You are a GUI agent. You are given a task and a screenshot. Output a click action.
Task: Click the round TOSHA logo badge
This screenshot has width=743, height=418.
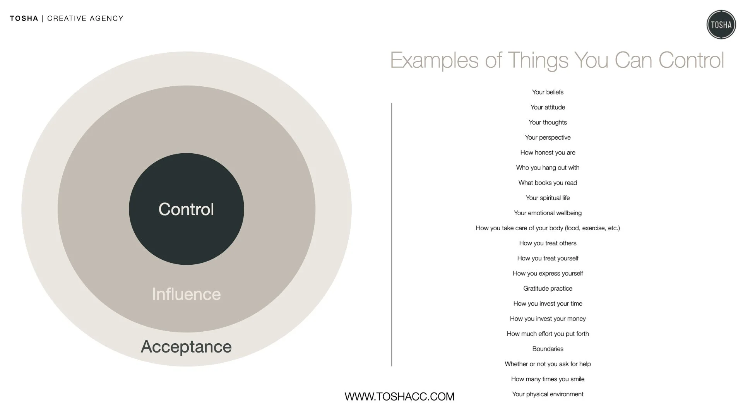721,25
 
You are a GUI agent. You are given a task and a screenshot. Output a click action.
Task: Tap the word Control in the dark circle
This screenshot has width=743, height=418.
186,209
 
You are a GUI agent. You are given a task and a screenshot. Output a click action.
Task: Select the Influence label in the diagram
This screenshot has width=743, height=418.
186,294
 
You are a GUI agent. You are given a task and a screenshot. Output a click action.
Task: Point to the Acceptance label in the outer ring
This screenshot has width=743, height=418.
186,346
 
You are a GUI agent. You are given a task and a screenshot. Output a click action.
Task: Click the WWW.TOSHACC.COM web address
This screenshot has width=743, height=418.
399,396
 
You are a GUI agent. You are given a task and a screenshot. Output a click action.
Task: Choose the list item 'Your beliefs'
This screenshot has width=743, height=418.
548,92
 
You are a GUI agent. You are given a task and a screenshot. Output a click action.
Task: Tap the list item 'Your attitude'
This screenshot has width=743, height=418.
548,107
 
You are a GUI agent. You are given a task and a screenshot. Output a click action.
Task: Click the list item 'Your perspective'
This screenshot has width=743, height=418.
548,137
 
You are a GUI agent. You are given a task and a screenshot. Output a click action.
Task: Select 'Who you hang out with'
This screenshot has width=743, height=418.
548,168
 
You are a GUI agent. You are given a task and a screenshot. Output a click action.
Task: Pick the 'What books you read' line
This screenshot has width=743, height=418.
548,183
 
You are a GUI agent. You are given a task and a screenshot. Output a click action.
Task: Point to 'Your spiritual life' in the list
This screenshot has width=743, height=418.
548,198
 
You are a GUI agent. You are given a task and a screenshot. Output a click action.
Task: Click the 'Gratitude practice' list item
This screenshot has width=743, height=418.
548,288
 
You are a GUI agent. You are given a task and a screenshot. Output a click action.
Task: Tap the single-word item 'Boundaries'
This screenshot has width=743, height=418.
548,349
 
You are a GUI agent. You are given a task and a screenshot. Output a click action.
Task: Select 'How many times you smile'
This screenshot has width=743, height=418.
548,379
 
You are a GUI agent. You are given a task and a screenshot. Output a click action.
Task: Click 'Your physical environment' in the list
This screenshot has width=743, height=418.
548,394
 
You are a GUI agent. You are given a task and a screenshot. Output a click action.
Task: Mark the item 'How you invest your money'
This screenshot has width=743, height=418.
548,319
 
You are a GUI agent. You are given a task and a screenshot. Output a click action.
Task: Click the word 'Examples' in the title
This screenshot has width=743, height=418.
434,61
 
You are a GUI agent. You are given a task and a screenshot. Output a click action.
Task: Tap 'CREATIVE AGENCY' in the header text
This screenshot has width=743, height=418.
85,18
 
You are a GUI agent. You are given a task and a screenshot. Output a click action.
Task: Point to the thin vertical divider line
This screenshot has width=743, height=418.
392,234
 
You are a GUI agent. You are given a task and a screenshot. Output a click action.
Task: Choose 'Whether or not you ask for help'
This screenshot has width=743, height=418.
548,364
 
